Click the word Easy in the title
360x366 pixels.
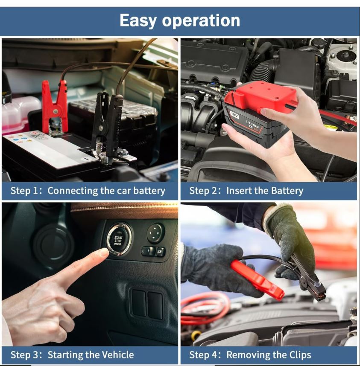(138, 21)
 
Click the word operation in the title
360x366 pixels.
(201, 21)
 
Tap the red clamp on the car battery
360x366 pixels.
(55, 108)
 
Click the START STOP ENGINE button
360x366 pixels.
(119, 240)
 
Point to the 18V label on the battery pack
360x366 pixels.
(234, 115)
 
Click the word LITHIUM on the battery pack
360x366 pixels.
(252, 123)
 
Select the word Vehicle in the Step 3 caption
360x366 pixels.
(117, 355)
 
